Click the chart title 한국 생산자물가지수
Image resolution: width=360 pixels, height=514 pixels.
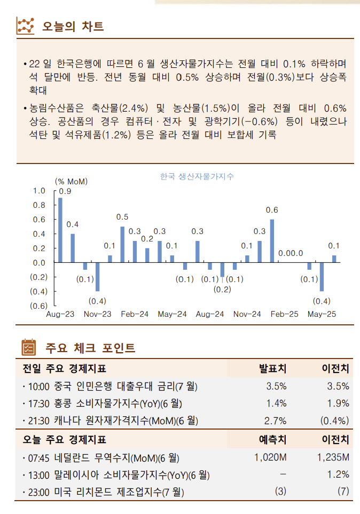(x=197, y=176)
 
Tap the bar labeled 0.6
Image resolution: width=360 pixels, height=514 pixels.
(x=272, y=241)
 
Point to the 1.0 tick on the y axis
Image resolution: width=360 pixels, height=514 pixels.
(x=39, y=191)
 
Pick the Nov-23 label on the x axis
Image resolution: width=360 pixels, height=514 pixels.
(x=97, y=314)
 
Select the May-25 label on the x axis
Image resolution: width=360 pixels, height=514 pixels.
(x=322, y=314)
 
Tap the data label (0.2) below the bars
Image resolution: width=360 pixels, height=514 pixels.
(x=222, y=289)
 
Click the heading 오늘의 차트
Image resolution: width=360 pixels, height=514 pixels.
(x=73, y=26)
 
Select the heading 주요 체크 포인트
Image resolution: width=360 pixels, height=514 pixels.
(x=90, y=348)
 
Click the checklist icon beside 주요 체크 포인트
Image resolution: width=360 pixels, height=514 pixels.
(x=28, y=348)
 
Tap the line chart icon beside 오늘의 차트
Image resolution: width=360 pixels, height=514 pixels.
(x=26, y=26)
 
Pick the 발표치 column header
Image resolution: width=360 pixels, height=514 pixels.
(x=272, y=368)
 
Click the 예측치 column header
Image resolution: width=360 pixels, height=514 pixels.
(x=272, y=440)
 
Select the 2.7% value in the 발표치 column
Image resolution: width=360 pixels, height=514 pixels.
(x=276, y=420)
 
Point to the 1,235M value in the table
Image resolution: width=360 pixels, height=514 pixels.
(x=333, y=457)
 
